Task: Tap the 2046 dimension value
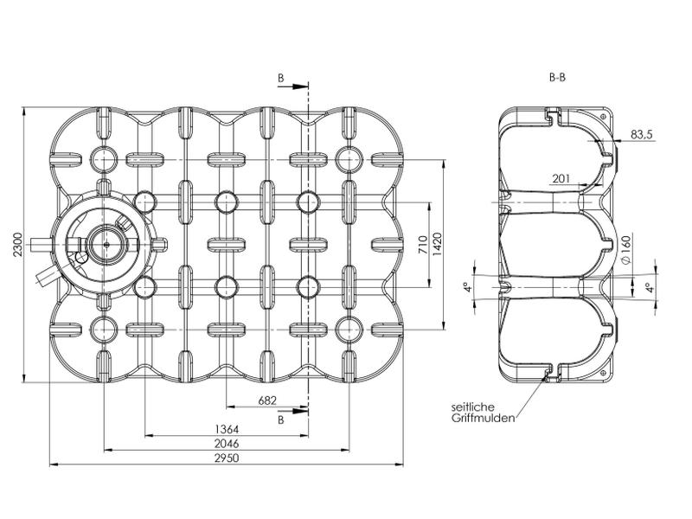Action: point(227,443)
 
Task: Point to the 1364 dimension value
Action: point(227,428)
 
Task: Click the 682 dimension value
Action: point(268,400)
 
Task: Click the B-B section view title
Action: point(558,76)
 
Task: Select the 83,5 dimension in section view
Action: point(642,134)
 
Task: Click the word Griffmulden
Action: point(483,419)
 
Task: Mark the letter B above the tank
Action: point(281,78)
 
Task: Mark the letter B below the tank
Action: point(281,420)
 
